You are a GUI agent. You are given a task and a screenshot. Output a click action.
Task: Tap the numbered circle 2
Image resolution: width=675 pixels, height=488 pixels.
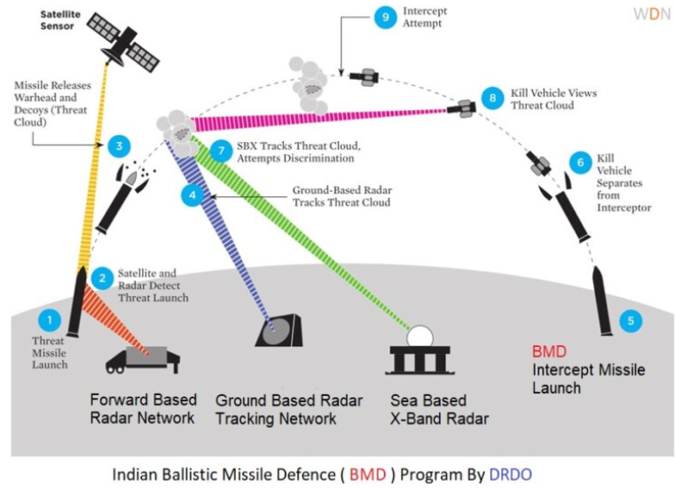point(103,278)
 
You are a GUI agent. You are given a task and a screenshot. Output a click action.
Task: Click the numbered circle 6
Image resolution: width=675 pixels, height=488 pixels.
point(581,161)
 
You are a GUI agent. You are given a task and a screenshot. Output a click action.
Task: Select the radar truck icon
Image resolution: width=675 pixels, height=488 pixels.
point(142,358)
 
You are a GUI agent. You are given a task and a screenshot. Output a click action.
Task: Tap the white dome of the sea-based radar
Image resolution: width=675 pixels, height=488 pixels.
point(419,337)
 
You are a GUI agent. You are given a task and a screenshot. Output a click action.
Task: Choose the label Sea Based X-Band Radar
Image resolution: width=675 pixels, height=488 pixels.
point(439,409)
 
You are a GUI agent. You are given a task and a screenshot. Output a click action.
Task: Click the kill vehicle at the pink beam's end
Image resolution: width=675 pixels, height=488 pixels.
point(461,109)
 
